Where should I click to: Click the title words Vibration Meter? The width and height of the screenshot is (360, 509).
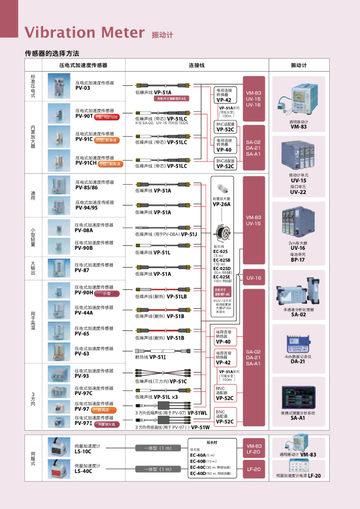[x=85, y=32]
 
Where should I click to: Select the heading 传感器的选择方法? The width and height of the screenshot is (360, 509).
[x=51, y=53]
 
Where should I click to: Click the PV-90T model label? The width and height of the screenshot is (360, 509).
[x=84, y=116]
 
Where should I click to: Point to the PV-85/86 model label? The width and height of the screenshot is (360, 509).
[x=86, y=187]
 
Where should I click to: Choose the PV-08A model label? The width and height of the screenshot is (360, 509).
[x=84, y=230]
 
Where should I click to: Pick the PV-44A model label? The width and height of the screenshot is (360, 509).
[x=84, y=313]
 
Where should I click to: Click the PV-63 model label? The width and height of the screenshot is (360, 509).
[x=82, y=354]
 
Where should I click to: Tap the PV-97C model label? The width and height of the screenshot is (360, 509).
[x=84, y=393]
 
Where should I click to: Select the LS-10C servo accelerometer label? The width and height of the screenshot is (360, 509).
[x=83, y=452]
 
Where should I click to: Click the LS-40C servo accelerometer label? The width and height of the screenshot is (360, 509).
[x=83, y=471]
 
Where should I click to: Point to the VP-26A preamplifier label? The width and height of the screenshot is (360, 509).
[x=222, y=204]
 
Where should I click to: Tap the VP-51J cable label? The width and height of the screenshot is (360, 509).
[x=189, y=234]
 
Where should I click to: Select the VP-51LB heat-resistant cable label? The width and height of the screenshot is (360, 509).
[x=177, y=297]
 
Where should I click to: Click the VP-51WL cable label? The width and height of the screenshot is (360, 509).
[x=197, y=413]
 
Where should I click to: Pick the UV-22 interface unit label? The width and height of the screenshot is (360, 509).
[x=298, y=192]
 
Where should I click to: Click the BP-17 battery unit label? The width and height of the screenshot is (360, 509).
[x=298, y=260]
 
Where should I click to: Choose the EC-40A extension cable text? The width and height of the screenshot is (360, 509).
[x=198, y=455]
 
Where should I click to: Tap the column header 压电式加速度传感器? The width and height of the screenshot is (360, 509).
[x=83, y=65]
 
